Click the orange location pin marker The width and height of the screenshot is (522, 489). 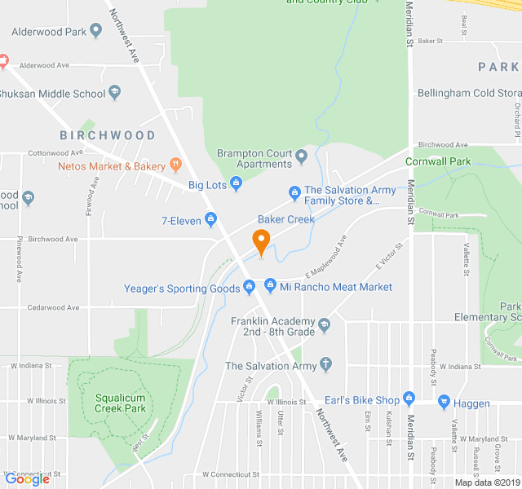coord(261,242)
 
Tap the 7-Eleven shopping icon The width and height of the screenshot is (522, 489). coord(210,219)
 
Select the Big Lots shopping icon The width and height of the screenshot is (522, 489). coord(237,184)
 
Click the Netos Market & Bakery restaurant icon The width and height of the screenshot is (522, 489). coord(175,166)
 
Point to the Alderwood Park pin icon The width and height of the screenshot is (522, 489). coord(96,31)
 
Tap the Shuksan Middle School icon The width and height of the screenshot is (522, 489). coord(114,92)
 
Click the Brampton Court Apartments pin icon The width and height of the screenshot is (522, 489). coord(302,155)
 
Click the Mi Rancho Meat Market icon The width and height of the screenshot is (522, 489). coord(270,286)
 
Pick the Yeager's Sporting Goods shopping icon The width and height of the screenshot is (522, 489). coord(250,287)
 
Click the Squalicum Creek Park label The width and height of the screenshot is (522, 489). coord(120,403)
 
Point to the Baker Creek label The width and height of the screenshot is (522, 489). coord(286,220)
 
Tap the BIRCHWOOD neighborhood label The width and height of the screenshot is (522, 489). coord(107,135)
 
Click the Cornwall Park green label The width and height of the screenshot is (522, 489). coord(439,161)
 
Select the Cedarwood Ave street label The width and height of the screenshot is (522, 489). coord(51,307)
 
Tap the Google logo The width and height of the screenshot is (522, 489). coord(27,479)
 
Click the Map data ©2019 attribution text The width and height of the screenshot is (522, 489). coord(487,482)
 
